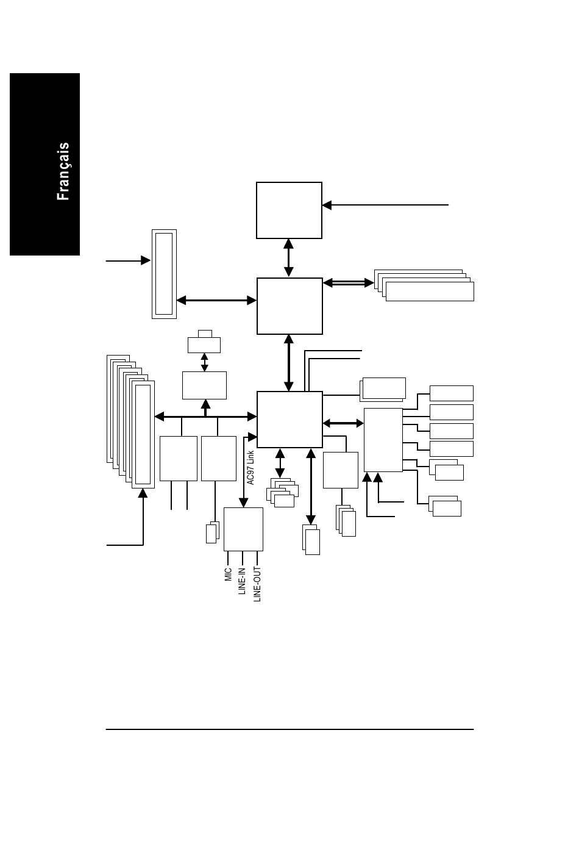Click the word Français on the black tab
[x=63, y=171]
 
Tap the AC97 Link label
[x=250, y=467]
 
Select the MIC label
[x=229, y=574]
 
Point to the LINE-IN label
[x=242, y=581]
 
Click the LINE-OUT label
[x=257, y=584]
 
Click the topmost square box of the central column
[x=289, y=210]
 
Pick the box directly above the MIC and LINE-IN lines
[x=243, y=529]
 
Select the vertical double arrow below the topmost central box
[x=288, y=258]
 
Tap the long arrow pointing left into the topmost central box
[x=385, y=205]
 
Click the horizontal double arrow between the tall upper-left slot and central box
[x=216, y=300]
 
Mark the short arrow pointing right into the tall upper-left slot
[x=128, y=260]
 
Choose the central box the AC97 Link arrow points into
[x=289, y=420]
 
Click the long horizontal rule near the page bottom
[x=289, y=729]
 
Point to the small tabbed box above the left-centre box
[x=204, y=342]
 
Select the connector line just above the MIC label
[x=228, y=558]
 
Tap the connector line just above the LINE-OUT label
[x=257, y=558]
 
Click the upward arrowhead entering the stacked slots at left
[x=143, y=493]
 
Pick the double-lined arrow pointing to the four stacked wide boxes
[x=349, y=283]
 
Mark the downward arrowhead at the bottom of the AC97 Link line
[x=243, y=503]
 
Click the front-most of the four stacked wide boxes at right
[x=430, y=292]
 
